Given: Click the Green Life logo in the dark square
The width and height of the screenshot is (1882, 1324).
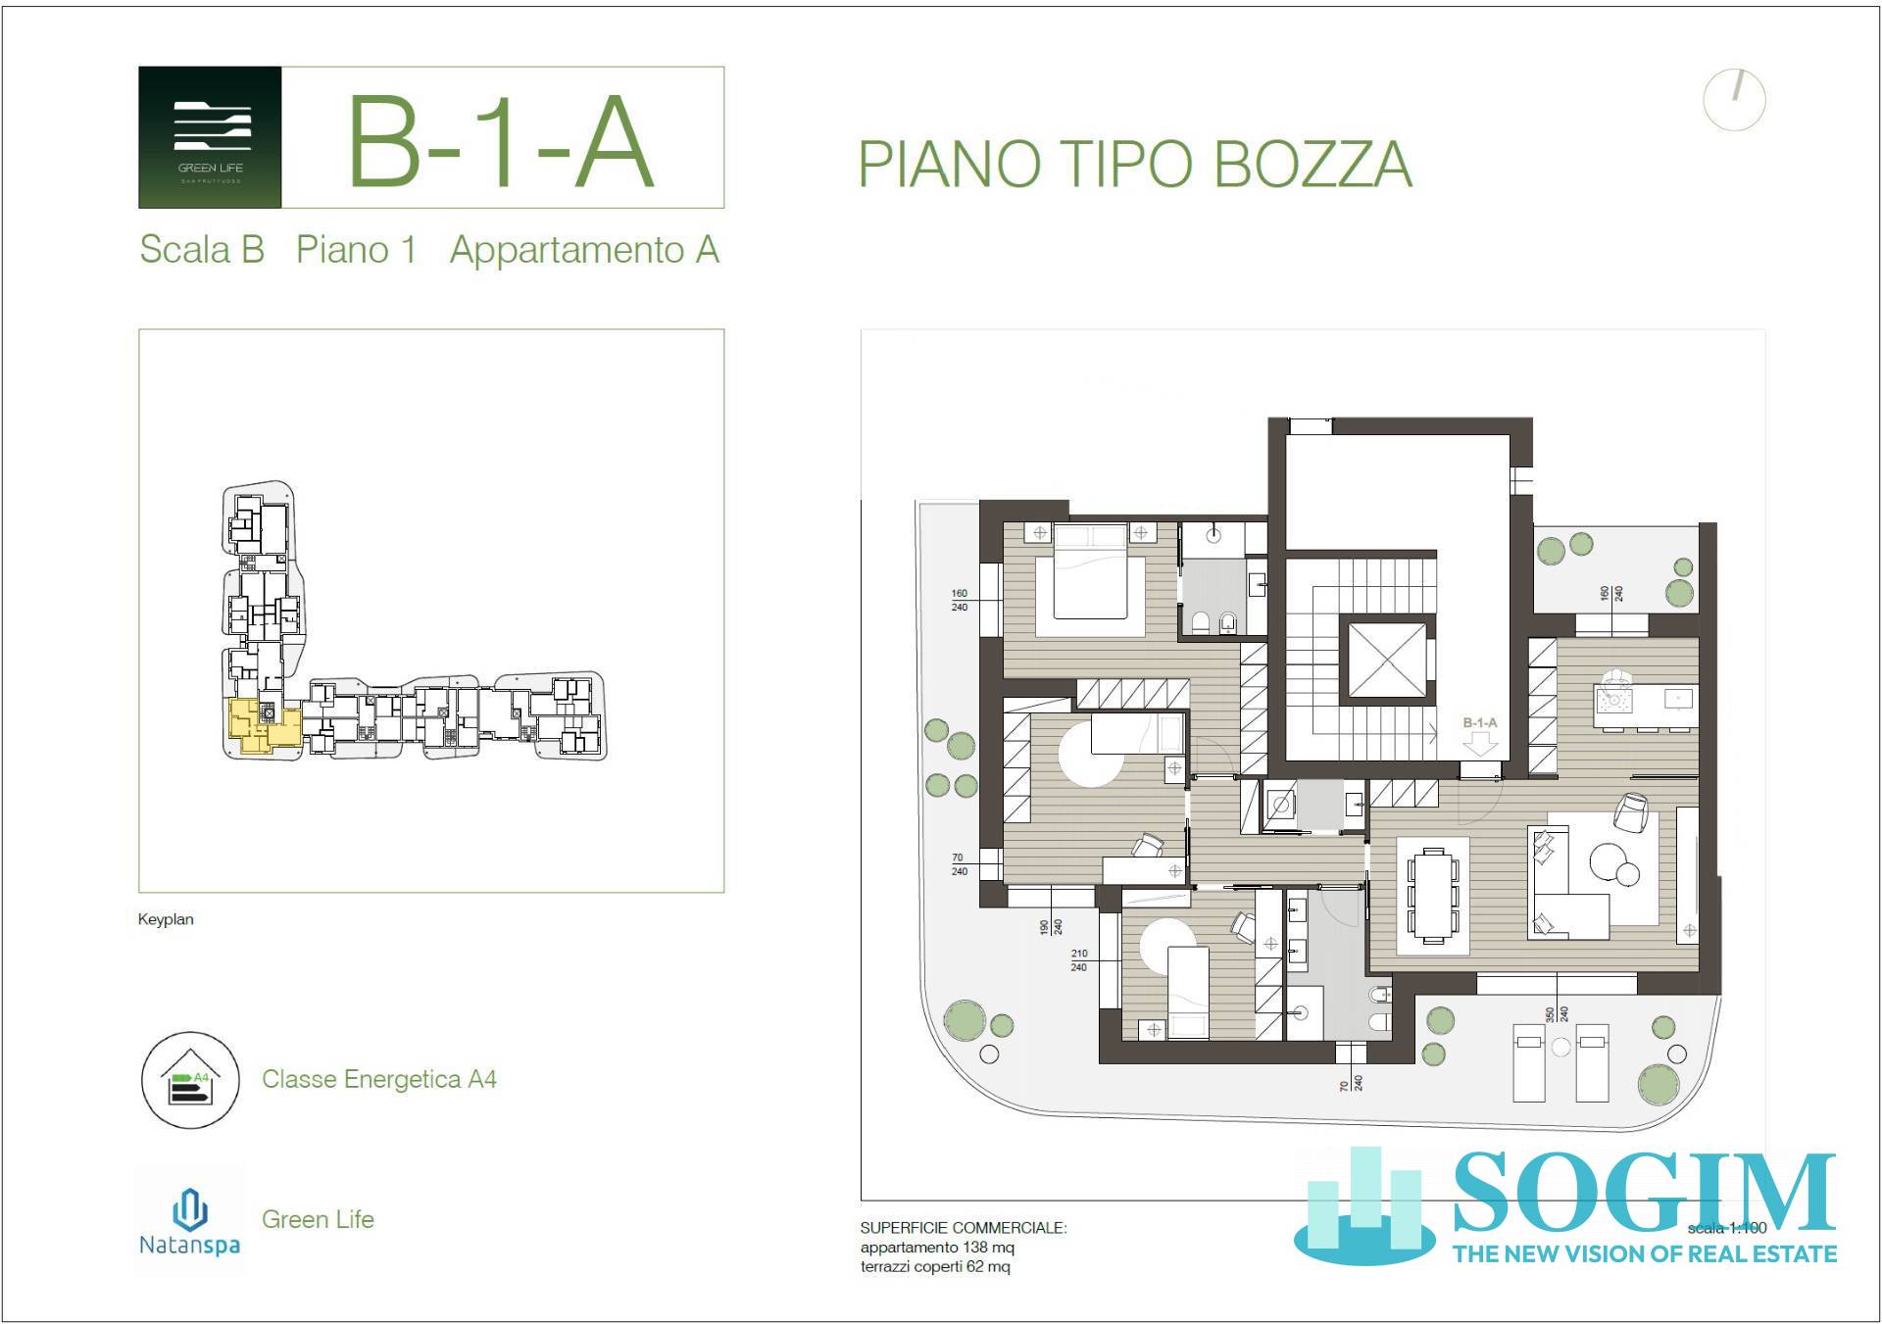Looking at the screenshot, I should pos(210,137).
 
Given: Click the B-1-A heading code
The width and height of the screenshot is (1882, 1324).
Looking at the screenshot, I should pos(501,143).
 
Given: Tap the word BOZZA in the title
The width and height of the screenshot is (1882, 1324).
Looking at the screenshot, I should pos(1313,165).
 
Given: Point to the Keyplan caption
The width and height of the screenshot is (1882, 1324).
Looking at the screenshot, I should pos(166,919).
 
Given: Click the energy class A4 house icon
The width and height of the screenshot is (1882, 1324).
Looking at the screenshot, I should pos(190,1079).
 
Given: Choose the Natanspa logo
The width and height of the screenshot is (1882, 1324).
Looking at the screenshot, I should pos(189,1221).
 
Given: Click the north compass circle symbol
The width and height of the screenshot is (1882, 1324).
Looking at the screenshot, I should pos(1734,99).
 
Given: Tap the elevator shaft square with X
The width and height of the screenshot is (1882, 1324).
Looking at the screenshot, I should pos(1387,658).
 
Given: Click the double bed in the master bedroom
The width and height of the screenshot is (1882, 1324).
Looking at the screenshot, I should pos(1090,579).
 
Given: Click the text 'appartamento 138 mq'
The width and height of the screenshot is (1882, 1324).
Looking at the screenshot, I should pos(937,1248).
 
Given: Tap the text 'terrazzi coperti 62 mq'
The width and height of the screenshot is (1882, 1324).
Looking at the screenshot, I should pos(935,1266).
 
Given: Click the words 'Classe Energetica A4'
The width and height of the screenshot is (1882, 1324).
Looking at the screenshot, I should pos(378,1079).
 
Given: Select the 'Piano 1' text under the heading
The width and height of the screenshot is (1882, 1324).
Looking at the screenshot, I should pos(356,249).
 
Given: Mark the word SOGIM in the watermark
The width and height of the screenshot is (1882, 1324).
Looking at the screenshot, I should pos(1643,1193).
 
